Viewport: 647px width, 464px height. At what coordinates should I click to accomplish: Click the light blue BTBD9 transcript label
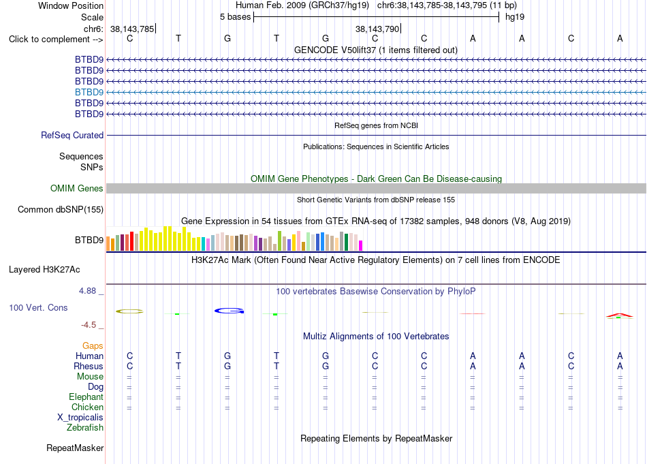click(89, 92)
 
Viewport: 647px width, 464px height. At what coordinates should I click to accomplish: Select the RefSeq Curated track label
click(72, 135)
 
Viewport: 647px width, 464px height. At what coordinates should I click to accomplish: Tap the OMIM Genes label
click(77, 188)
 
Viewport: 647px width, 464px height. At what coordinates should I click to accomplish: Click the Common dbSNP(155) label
click(61, 209)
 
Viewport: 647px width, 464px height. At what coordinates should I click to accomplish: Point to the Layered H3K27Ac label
click(44, 270)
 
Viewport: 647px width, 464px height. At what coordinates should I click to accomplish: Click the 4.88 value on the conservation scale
click(87, 291)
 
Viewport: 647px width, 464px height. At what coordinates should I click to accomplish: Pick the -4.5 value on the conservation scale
click(89, 325)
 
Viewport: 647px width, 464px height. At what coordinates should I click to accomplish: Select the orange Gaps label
click(93, 345)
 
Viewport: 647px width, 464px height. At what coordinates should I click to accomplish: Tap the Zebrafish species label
click(85, 428)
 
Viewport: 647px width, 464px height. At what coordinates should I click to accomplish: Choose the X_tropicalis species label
click(80, 418)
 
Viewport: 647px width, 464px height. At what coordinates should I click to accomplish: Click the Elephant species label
click(86, 397)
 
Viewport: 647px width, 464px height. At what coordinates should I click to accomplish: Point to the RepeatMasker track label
click(75, 448)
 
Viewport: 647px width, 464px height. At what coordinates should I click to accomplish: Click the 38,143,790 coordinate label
click(377, 29)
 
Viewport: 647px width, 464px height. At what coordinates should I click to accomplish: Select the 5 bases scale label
click(235, 17)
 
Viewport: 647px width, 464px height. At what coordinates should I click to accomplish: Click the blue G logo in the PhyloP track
click(230, 311)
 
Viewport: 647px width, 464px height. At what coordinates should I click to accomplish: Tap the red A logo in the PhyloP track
click(620, 315)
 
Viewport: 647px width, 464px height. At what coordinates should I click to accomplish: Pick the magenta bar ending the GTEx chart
click(361, 245)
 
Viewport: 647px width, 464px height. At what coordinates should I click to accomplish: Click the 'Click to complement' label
click(56, 40)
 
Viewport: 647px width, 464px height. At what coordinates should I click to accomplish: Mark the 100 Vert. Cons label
click(38, 307)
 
